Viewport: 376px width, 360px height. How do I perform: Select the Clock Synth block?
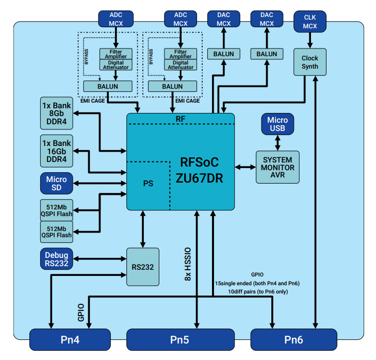(x=310, y=62)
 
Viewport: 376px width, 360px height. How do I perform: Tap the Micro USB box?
(x=277, y=124)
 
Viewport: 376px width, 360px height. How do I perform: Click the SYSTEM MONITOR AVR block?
(x=277, y=167)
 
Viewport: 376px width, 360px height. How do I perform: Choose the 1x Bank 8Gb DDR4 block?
(x=57, y=112)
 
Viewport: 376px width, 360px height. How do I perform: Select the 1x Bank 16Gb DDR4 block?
(x=57, y=151)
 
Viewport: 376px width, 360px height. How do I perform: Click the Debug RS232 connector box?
(x=57, y=259)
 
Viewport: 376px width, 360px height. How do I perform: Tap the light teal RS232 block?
(x=143, y=267)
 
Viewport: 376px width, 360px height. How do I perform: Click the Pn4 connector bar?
(x=70, y=340)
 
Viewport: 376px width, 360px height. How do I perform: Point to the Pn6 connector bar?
(x=293, y=340)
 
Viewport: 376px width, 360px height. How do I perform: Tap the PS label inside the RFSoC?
(x=148, y=183)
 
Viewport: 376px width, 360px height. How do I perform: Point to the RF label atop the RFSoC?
(x=181, y=119)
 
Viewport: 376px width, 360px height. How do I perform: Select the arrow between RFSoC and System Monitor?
(x=245, y=167)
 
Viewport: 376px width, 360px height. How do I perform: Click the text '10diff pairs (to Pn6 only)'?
(x=258, y=291)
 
